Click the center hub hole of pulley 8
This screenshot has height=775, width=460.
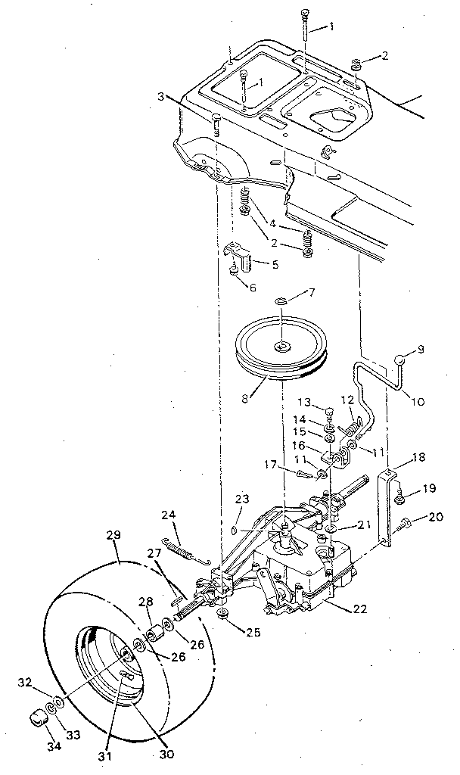coord(282,347)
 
